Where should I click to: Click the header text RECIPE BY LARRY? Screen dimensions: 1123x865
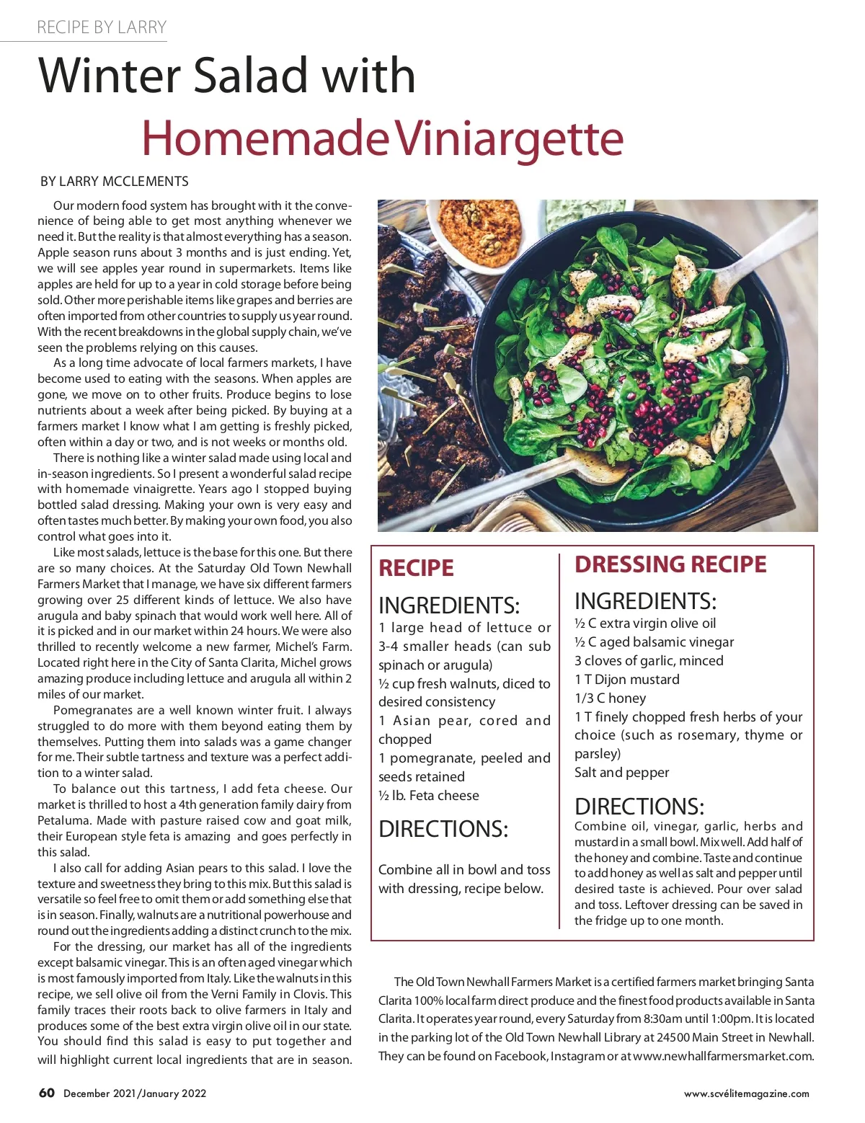(102, 27)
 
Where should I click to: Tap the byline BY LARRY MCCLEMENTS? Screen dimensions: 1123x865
(115, 181)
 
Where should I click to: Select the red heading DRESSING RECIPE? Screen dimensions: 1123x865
(670, 564)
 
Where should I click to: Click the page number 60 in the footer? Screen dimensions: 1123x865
(47, 1093)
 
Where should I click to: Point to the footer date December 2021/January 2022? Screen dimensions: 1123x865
(135, 1093)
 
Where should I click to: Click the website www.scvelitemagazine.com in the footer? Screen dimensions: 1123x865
(746, 1093)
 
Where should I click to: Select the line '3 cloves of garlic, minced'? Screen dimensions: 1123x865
(649, 660)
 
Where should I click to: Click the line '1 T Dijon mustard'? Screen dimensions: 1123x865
(626, 679)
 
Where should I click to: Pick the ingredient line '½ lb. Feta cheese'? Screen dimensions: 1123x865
(429, 795)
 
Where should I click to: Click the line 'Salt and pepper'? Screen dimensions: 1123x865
(621, 772)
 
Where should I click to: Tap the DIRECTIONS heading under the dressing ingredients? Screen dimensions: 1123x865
(639, 806)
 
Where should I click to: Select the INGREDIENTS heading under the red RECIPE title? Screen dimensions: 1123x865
(449, 605)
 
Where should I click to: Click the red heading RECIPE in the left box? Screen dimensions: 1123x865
(416, 568)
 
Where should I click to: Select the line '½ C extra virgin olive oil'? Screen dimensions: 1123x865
(645, 623)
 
